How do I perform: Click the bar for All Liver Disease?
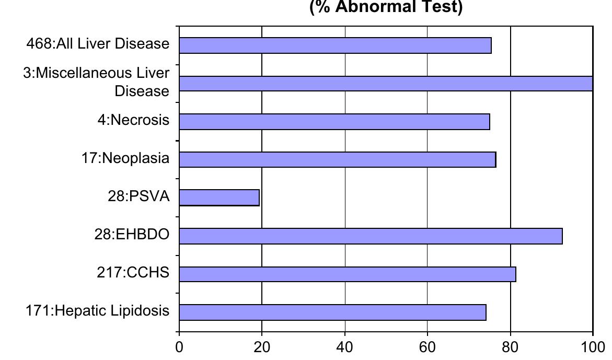point(334,45)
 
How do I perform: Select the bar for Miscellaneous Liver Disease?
point(386,84)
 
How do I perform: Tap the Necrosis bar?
point(334,122)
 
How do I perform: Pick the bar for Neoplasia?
point(337,159)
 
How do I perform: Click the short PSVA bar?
point(219,198)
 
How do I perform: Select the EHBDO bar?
point(371,236)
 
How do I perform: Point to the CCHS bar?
point(347,274)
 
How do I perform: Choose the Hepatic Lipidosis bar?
point(332,312)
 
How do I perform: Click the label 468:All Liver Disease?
point(98,44)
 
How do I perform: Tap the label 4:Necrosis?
point(133,120)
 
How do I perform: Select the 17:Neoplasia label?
point(125,158)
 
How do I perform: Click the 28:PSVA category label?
point(139,196)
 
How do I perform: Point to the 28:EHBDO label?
point(132,235)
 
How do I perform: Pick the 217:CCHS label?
point(133,272)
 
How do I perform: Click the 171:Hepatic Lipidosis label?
point(98,311)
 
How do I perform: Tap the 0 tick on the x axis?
point(179,346)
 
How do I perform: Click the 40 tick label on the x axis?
point(344,346)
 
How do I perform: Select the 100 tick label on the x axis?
point(592,346)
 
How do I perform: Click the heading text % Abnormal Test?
point(386,8)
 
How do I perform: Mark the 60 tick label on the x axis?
point(427,346)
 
